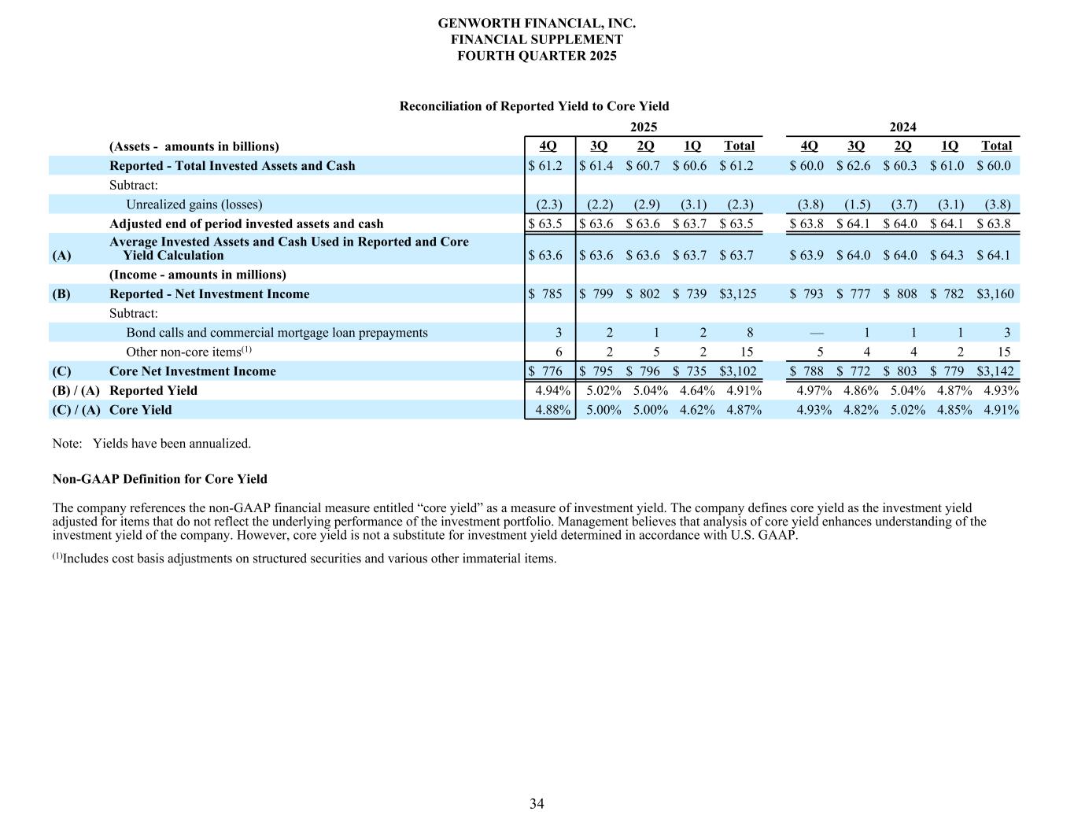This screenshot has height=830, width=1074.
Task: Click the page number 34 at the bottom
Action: tap(537, 803)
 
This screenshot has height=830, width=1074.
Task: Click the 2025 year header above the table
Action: tap(644, 127)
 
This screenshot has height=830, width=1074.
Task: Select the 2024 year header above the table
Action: tap(902, 127)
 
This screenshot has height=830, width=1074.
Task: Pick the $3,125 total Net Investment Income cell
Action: tap(738, 294)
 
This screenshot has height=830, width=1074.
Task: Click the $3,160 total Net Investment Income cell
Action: tap(995, 294)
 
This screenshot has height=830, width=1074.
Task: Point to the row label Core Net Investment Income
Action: tap(193, 371)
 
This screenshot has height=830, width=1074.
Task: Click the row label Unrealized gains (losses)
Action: tap(194, 205)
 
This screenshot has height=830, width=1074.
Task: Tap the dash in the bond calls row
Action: tap(816, 333)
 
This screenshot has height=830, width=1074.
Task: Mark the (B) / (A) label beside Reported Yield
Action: tap(76, 391)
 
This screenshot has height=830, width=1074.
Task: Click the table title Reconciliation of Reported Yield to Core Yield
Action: tap(534, 106)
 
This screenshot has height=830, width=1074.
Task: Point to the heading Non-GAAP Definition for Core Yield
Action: tap(160, 479)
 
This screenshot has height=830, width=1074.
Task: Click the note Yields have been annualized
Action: tap(172, 444)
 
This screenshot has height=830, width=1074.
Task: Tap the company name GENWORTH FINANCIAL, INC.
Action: tap(537, 24)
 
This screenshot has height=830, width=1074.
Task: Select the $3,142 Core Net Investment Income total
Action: tap(995, 371)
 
